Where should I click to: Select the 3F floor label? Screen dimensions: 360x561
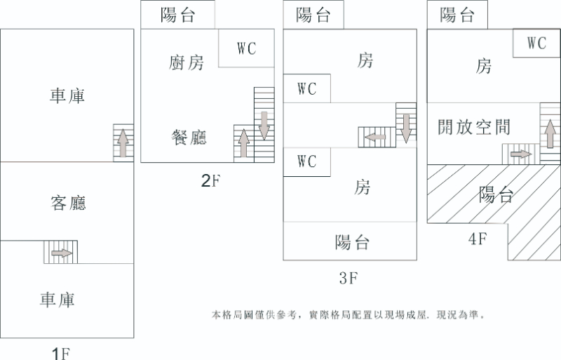349,279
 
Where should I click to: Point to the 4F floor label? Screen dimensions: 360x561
478,239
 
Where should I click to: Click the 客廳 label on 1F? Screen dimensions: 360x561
68,204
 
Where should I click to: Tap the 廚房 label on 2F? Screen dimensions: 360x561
187,62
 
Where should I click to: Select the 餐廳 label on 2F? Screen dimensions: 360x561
189,136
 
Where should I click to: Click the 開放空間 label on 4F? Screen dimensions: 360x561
473,127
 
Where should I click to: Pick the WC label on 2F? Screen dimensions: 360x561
246,48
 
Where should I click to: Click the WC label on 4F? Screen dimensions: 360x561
536,43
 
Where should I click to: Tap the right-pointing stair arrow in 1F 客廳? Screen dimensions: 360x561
62,253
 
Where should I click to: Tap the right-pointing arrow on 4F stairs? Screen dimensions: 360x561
520,154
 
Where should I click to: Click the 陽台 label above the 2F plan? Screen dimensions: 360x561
177,15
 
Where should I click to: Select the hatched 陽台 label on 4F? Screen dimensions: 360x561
496,194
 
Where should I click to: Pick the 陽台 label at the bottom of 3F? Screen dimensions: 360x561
352,243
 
